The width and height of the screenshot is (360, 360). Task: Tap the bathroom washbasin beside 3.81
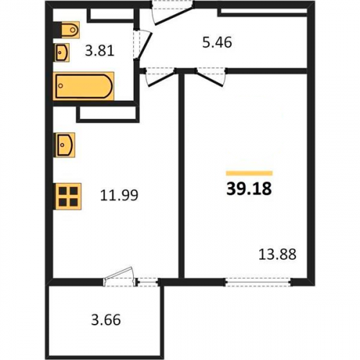tap(62, 53)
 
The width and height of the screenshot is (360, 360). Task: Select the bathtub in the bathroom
tap(84, 86)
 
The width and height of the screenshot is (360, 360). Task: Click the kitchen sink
tap(65, 145)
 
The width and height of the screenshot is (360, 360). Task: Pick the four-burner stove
tap(68, 197)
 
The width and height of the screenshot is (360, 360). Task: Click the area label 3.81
tap(99, 51)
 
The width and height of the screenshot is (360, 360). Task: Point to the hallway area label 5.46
tap(217, 42)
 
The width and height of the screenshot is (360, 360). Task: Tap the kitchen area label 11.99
tap(119, 195)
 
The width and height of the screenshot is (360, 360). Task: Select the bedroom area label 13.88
tap(277, 254)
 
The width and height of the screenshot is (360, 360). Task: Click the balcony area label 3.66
tap(106, 320)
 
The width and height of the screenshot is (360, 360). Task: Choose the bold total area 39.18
tap(249, 189)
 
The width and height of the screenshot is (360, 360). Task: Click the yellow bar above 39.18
tap(249, 173)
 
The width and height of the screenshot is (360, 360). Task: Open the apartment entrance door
tap(174, 12)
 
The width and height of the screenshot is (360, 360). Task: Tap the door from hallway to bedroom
tap(211, 76)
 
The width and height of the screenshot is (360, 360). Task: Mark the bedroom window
tap(258, 282)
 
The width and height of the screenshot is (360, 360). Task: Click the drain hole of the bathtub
tap(61, 86)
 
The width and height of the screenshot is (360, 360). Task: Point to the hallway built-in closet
tap(263, 12)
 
